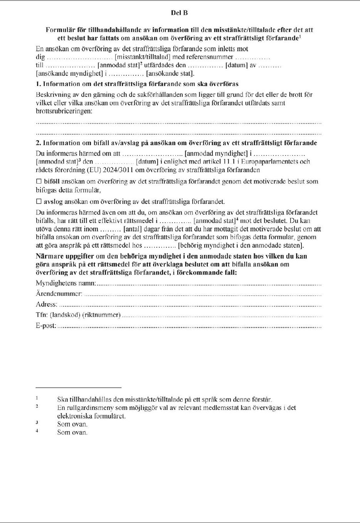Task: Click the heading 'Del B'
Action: (179, 13)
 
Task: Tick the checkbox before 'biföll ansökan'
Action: (39, 181)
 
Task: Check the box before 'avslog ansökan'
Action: (39, 201)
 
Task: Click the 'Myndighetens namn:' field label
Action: (66, 283)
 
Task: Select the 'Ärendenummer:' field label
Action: (59, 294)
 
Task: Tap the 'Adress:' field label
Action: (46, 304)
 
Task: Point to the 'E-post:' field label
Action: (46, 326)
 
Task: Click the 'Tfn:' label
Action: (42, 315)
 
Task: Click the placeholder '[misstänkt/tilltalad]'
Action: (143, 57)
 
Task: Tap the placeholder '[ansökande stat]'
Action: (170, 73)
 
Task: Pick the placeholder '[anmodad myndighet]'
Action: (216, 153)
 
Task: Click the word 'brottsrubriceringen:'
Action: (64, 111)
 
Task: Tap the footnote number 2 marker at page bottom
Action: (37, 406)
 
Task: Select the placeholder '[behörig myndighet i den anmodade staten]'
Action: (241, 245)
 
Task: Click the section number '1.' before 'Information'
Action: (38, 84)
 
